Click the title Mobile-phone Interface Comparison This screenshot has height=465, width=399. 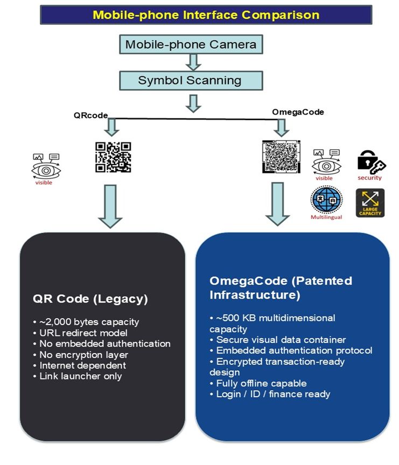(x=206, y=15)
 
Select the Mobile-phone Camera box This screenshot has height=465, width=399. (x=191, y=44)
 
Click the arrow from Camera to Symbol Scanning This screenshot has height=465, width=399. (x=192, y=62)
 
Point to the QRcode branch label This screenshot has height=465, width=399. (x=90, y=115)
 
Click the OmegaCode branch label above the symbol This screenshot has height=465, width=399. (x=290, y=112)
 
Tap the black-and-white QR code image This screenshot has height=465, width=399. (x=113, y=157)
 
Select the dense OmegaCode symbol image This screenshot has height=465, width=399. (x=280, y=157)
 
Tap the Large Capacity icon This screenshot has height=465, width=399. (x=370, y=203)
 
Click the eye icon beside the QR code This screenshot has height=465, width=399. (x=46, y=166)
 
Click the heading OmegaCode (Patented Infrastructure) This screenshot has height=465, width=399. (x=281, y=288)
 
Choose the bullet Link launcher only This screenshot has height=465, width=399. (x=81, y=376)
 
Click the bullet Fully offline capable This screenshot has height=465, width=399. (x=258, y=383)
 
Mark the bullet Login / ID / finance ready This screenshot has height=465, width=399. (x=270, y=394)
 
